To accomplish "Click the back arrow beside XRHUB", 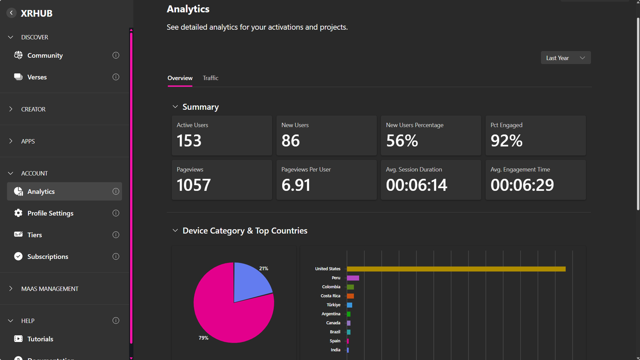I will (x=11, y=13).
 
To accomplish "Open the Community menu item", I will (x=45, y=55).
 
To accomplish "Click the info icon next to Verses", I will (x=116, y=77).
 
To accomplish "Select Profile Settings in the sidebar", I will (x=50, y=213).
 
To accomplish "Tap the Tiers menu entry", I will (x=35, y=235).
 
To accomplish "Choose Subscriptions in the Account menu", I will (x=48, y=257).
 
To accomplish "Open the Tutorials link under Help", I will (x=40, y=339).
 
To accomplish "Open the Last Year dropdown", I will (x=565, y=58).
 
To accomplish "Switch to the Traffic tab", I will (x=210, y=78).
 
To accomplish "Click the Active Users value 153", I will (x=189, y=141).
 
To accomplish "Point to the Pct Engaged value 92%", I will (x=506, y=141).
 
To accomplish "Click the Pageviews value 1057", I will (x=194, y=185).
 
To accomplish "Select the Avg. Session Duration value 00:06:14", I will (x=416, y=185).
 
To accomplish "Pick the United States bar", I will (x=456, y=269).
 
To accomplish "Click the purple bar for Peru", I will (x=353, y=278).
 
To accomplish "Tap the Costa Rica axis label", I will (x=330, y=296).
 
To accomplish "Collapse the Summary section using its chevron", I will (x=175, y=107).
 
